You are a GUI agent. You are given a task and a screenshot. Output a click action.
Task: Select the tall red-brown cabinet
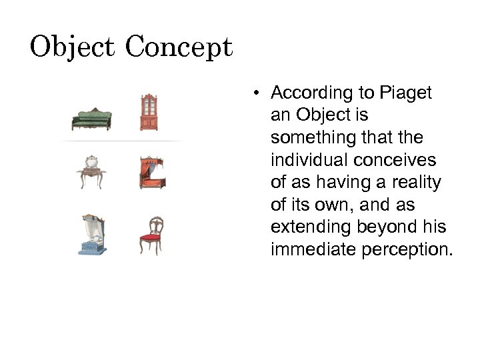click(147, 111)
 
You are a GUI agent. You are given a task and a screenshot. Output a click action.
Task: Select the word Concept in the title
click(179, 47)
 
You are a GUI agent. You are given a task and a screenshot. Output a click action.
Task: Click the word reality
click(416, 183)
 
